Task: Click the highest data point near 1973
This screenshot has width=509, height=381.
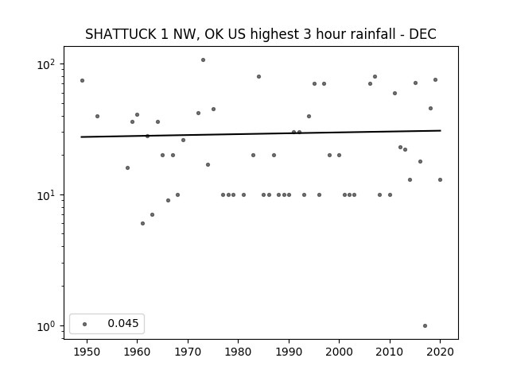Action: [x=204, y=60]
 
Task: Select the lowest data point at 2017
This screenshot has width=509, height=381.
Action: [x=425, y=326]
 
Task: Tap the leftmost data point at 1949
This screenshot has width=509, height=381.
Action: [x=82, y=81]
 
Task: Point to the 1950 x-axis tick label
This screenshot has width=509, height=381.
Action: [x=87, y=352]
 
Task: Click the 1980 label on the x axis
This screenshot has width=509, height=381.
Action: [x=239, y=352]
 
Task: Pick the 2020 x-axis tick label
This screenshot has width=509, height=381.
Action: [x=440, y=352]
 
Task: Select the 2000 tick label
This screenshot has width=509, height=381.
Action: [x=340, y=352]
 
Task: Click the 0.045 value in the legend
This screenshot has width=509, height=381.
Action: [x=123, y=323]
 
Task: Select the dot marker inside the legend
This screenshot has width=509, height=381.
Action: [x=85, y=324]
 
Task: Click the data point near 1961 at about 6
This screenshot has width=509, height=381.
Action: [x=142, y=224]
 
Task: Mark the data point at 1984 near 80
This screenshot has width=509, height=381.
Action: [x=258, y=77]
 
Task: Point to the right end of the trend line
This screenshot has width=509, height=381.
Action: [x=441, y=130]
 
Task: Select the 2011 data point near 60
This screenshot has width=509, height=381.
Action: [x=394, y=94]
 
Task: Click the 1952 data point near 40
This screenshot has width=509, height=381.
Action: [x=97, y=117]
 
